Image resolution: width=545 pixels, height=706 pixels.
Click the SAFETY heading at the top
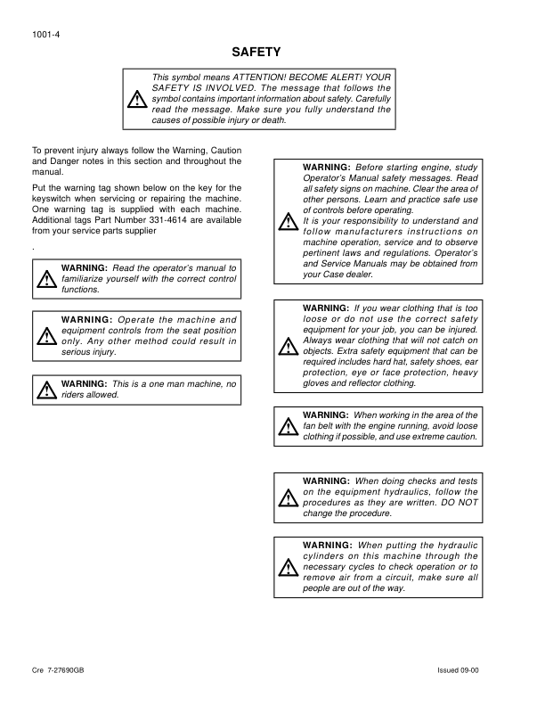click(x=256, y=53)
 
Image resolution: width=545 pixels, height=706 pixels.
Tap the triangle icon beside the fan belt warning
click(x=287, y=426)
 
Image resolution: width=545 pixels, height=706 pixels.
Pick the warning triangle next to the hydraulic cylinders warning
click(x=287, y=566)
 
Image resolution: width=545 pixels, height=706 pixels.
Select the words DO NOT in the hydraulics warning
click(x=460, y=502)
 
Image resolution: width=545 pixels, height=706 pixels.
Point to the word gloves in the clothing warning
click(x=318, y=382)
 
